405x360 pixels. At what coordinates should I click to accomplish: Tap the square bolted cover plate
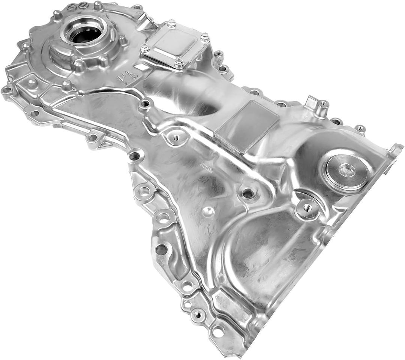175,45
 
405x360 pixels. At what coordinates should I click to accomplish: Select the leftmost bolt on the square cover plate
145,48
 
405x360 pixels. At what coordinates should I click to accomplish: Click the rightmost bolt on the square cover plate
205,37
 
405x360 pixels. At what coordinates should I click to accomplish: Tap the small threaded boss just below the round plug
307,208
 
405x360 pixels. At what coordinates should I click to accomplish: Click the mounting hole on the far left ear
6,90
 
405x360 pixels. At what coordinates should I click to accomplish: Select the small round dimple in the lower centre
208,211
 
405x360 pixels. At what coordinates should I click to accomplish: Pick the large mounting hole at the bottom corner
217,331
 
